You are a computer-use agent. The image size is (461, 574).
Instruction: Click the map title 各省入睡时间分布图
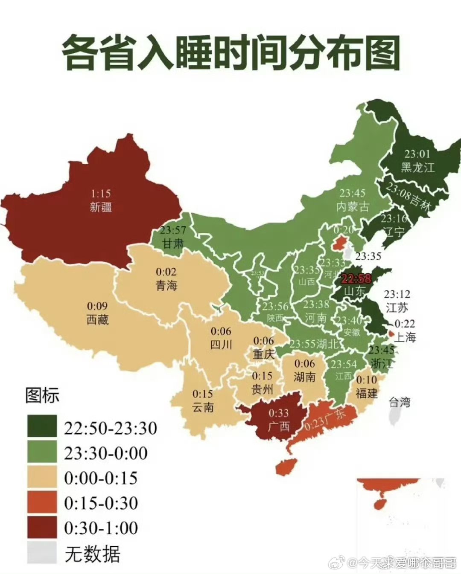(x=230, y=53)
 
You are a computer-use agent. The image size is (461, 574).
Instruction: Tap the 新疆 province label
(x=101, y=207)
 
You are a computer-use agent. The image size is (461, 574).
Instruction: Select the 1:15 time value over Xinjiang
(x=101, y=193)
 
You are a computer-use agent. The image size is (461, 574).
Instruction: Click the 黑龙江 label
(x=417, y=167)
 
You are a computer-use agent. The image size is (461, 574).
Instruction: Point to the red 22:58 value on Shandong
(x=356, y=278)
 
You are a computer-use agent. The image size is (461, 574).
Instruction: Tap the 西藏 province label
(x=97, y=319)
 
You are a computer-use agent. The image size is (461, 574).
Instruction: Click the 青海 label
(x=166, y=285)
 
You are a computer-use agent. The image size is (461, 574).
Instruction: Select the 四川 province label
(x=221, y=344)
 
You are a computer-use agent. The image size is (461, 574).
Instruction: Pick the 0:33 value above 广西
(x=278, y=412)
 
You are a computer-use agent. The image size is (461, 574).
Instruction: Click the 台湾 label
(x=400, y=402)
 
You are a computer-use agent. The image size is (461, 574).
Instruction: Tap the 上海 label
(x=405, y=337)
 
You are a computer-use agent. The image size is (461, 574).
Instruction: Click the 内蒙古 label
(x=353, y=207)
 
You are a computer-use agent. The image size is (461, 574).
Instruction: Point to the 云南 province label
(x=203, y=407)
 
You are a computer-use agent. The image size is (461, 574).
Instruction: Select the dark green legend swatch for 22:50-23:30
(x=42, y=426)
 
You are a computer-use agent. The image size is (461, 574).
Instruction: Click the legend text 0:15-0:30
(x=101, y=503)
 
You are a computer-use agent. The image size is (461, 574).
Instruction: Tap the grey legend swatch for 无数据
(x=42, y=553)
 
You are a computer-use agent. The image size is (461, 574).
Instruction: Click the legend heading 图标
(x=42, y=395)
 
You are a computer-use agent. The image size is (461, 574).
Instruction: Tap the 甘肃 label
(x=173, y=244)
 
